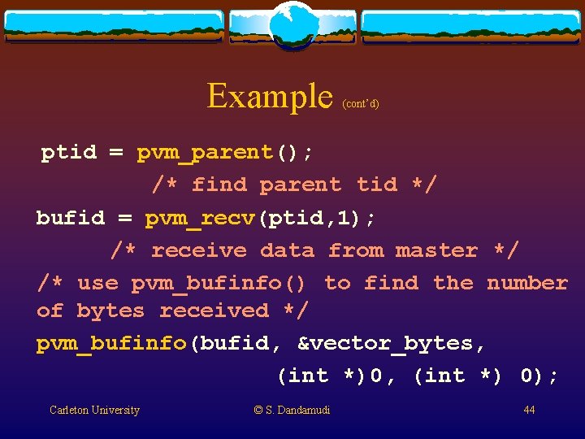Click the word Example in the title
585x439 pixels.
[x=270, y=97]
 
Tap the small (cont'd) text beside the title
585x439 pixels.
[x=361, y=104]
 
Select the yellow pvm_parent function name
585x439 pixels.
[x=205, y=153]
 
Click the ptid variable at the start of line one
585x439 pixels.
[x=69, y=153]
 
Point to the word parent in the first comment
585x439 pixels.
[x=300, y=185]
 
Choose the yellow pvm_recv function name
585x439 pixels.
[x=201, y=219]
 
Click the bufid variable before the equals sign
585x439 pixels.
[x=71, y=219]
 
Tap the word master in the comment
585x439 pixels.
[x=436, y=251]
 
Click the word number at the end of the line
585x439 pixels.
[x=526, y=283]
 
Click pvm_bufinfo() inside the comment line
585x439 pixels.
[x=219, y=284]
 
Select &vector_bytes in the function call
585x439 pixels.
[x=392, y=344]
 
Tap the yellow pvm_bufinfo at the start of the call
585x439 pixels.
[x=111, y=344]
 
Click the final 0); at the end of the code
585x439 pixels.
[x=539, y=376]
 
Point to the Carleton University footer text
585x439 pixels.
[x=94, y=411]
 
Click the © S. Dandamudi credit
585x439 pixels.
[x=292, y=411]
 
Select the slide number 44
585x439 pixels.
[x=529, y=411]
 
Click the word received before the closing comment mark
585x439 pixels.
[x=214, y=311]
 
